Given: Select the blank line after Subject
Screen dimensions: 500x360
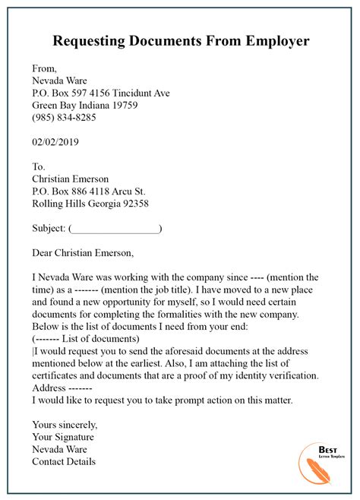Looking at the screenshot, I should (x=115, y=228).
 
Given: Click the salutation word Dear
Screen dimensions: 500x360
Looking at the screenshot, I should (x=45, y=253).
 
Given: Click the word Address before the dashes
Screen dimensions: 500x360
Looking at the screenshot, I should (x=51, y=388).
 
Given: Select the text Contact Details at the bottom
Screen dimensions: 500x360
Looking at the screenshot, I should (x=64, y=461).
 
